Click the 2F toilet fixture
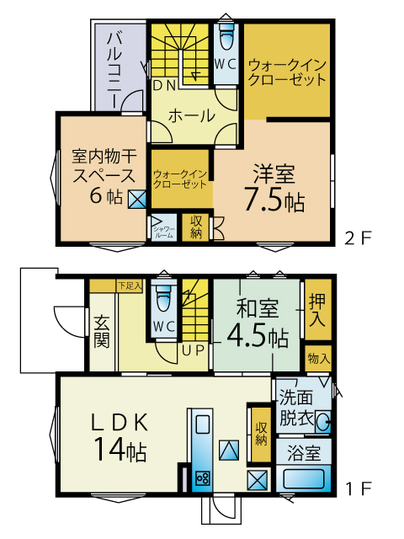[226, 37]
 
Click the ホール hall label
[191, 116]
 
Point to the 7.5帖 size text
[274, 199]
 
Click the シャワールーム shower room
[164, 227]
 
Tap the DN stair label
[164, 85]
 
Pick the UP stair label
[193, 350]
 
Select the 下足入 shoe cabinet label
[130, 286]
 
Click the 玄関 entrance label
[101, 331]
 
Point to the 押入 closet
[318, 309]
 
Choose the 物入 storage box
[318, 359]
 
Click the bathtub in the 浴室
[304, 479]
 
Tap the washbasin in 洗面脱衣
[323, 421]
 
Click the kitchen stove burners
[202, 478]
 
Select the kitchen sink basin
[203, 424]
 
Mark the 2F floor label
[358, 238]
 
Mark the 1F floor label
[358, 488]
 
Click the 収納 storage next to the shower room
[195, 227]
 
